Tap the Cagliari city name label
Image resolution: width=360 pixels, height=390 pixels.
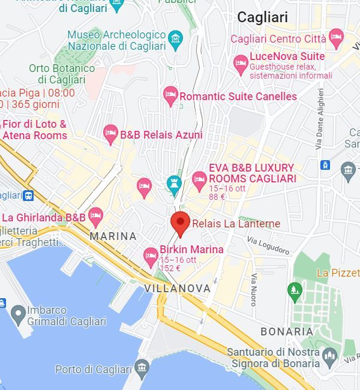point(262,17)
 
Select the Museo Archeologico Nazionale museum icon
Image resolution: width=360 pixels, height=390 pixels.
point(175,40)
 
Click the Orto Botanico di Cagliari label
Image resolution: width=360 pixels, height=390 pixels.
point(62,74)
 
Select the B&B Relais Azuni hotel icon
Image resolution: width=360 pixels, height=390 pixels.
point(110,134)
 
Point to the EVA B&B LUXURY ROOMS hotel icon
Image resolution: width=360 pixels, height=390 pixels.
point(199,178)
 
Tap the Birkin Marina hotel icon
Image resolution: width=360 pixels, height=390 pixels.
point(151,257)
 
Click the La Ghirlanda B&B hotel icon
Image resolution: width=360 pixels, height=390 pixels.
point(95,215)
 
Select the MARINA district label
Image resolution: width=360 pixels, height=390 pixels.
point(113,236)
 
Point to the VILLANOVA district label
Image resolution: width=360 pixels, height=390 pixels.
point(178,289)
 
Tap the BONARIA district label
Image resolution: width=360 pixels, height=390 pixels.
point(287,332)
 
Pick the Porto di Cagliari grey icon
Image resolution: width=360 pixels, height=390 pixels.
point(142,367)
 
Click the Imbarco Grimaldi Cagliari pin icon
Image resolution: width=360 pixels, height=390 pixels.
point(18,313)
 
